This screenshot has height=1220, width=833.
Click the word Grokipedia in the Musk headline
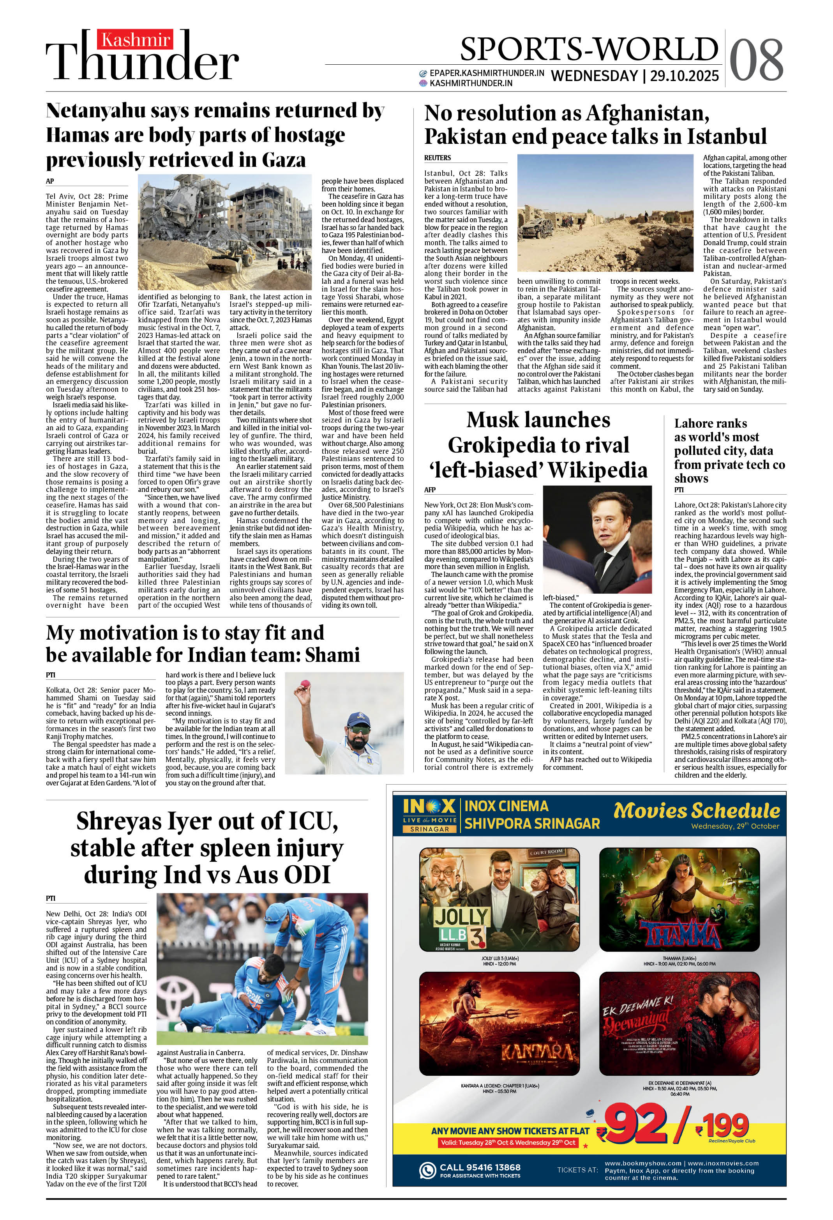[x=538, y=445]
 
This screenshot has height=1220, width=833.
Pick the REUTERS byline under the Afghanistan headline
[x=438, y=157]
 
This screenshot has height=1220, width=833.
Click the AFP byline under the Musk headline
[x=430, y=490]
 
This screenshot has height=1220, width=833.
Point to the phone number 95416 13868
[x=480, y=1167]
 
